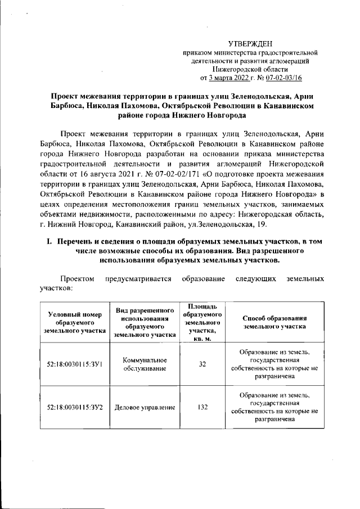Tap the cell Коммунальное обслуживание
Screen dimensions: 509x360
click(144, 364)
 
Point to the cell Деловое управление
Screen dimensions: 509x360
click(144, 407)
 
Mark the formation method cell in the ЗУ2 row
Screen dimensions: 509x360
click(274, 407)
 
